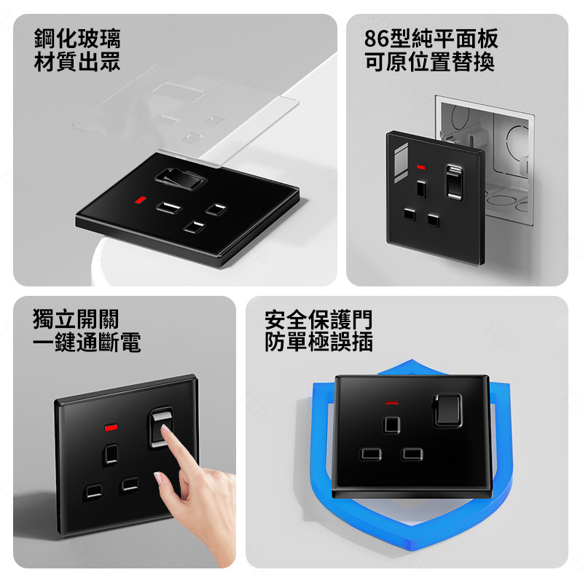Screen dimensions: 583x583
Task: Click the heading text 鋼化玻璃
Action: point(77,39)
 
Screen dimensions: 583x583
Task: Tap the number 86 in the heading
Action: point(376,39)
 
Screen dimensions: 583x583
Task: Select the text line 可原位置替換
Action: point(429,62)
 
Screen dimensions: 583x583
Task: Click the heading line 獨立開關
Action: point(76,319)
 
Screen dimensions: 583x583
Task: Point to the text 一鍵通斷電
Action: point(87,342)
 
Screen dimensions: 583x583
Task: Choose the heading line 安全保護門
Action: point(318,319)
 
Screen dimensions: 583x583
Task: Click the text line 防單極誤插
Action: point(318,342)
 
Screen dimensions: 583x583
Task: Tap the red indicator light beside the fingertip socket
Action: point(111,428)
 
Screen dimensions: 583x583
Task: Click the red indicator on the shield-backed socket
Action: point(392,403)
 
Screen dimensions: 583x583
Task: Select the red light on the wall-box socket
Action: point(421,168)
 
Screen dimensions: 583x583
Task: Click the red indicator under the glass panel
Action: point(141,200)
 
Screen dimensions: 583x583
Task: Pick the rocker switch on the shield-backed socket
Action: point(447,410)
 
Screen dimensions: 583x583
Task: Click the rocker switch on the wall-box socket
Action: point(454,182)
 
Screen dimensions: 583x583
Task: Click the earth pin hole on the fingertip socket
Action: point(111,454)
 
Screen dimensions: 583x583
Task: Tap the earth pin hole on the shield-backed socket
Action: point(392,425)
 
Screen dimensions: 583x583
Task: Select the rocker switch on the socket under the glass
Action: point(180,179)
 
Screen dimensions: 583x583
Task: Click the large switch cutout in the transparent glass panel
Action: point(179,93)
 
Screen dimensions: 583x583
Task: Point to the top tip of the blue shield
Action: point(411,359)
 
